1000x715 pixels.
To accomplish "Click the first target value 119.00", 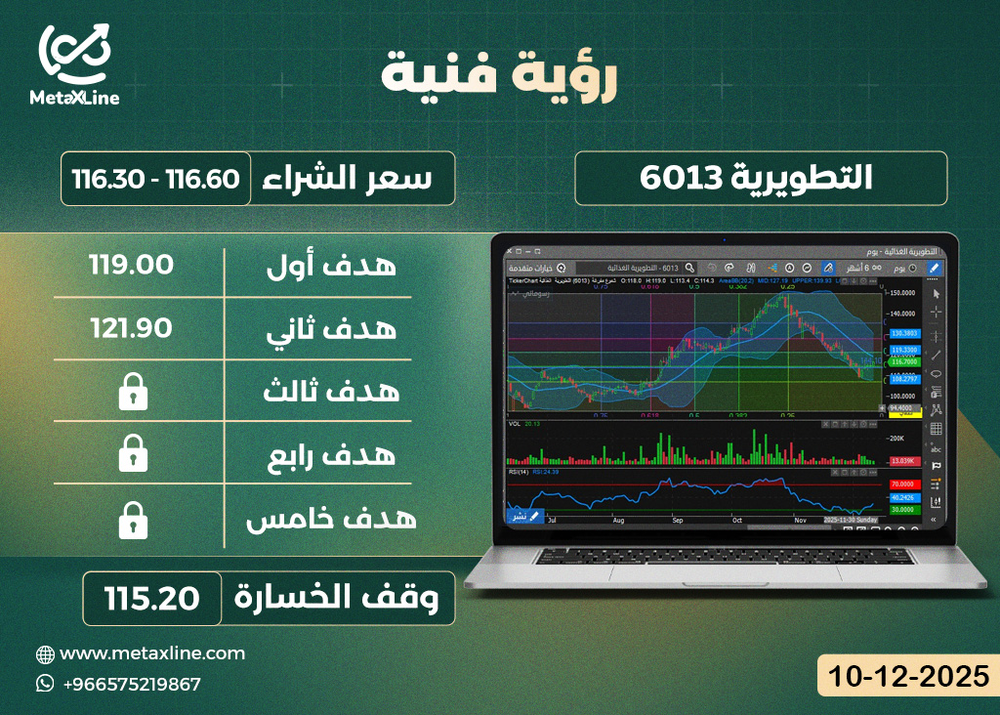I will pos(131,265).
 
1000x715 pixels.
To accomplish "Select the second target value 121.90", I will pos(131,329).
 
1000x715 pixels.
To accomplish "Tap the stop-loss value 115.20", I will pos(153,598).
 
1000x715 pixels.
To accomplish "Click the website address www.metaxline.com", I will pos(152,653).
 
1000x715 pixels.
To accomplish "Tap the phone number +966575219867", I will pos(131,684).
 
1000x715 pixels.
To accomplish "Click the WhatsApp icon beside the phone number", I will pos(45,684).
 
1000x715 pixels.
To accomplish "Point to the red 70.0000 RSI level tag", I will pos(902,484).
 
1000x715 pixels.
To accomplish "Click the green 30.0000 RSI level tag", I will pos(902,509).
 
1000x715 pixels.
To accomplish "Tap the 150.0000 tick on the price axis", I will pos(902,292).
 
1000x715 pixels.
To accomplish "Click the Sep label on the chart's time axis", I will pos(677,521).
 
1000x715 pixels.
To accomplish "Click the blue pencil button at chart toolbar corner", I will pos(934,268).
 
